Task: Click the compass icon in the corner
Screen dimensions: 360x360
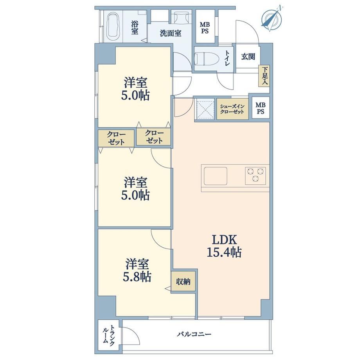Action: coord(272,18)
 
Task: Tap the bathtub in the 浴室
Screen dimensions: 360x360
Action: coord(112,26)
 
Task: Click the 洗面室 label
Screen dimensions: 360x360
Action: coord(171,33)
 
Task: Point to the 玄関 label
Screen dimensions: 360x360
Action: coord(248,56)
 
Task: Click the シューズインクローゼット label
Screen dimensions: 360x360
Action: coord(232,109)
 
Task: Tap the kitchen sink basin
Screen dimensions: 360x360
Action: coord(215,176)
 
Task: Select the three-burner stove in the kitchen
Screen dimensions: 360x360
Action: coord(255,176)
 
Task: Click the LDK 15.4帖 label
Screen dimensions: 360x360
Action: coord(224,246)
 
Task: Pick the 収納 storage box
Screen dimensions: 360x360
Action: coord(183,281)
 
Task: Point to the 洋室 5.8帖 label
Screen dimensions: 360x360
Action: coord(137,270)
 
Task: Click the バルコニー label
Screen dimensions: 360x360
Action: coord(194,334)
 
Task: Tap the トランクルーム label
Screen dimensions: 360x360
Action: coord(109,335)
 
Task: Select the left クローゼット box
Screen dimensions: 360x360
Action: coord(116,138)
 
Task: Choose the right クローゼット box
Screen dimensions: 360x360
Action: coord(154,137)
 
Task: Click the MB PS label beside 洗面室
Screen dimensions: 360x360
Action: coord(205,27)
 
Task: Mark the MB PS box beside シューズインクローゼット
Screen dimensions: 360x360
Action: coord(261,108)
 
